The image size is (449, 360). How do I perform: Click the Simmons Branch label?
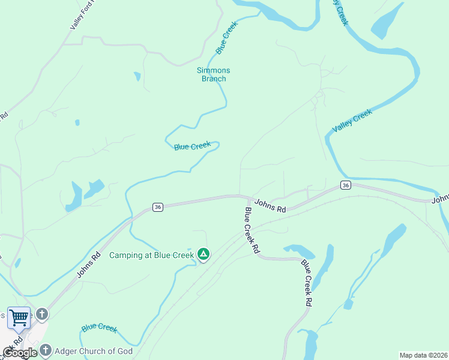tap(213, 74)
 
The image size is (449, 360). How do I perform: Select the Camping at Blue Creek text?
tap(151, 255)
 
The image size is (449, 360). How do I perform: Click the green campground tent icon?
tap(204, 254)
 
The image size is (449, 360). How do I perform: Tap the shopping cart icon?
tap(19, 317)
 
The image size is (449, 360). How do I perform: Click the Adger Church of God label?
tap(93, 351)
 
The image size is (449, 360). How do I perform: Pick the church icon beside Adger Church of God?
tap(46, 350)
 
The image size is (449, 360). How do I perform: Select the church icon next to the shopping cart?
tap(41, 314)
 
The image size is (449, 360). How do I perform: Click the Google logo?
tap(20, 353)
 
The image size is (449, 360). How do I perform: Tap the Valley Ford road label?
tap(83, 15)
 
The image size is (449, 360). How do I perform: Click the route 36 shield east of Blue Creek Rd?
tap(345, 185)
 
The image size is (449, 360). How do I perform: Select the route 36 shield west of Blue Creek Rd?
tap(157, 207)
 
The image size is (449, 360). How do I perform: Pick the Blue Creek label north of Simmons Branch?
tap(227, 37)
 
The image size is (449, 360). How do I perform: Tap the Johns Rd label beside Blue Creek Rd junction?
tap(270, 206)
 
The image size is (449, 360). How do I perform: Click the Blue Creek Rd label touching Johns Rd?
tap(252, 230)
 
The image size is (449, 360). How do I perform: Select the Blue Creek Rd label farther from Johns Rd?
tap(307, 283)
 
